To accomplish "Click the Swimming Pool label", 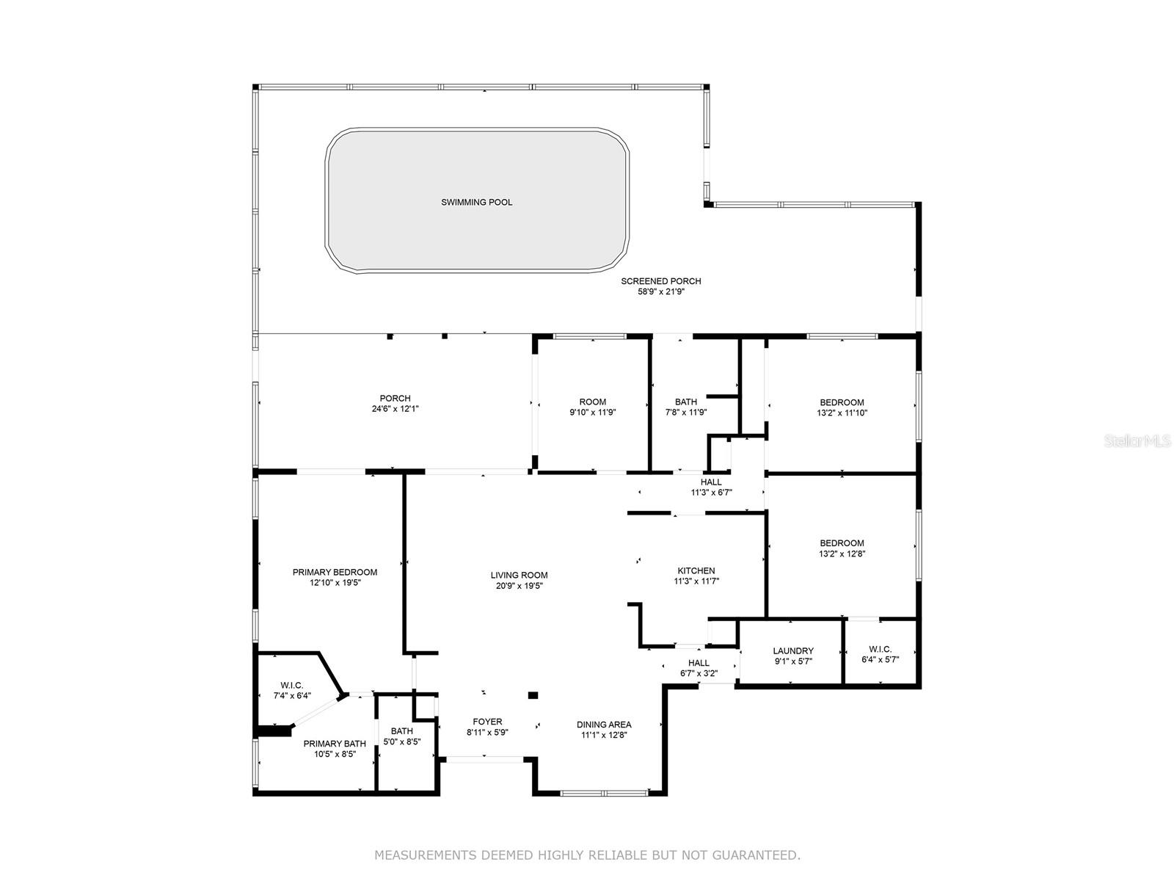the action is (x=476, y=202).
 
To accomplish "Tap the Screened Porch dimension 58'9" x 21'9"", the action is (x=661, y=291).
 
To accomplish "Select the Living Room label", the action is (x=519, y=575).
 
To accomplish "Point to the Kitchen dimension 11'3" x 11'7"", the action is (x=696, y=581).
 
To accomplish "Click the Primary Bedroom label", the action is (x=335, y=572).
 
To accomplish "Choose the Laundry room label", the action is (x=793, y=650).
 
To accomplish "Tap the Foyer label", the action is (x=487, y=722).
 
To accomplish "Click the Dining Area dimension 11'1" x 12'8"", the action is (x=604, y=734).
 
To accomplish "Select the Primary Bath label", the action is (x=335, y=743).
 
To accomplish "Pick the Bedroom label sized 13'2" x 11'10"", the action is (x=842, y=402).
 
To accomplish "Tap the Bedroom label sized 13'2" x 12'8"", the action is (x=842, y=543).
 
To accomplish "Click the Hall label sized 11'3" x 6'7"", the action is (x=711, y=482).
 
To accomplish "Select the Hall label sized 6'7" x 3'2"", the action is (x=699, y=663).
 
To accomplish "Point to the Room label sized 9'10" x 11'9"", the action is (x=593, y=402).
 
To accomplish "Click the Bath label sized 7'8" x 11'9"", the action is (x=685, y=402).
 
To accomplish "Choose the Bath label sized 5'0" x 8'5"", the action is (x=401, y=730).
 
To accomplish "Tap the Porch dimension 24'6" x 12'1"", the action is (x=395, y=409).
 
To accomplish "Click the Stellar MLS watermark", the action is (x=1137, y=440).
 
